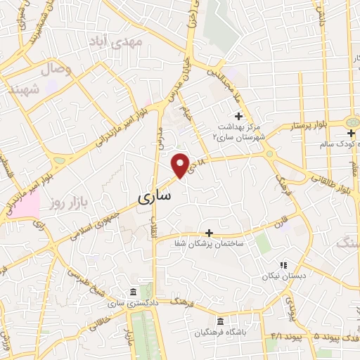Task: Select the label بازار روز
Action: (67, 204)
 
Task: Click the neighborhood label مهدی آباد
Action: (120, 43)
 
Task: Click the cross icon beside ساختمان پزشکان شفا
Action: (209, 232)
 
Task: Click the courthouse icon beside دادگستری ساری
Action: (132, 292)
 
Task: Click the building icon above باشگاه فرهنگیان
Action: (221, 321)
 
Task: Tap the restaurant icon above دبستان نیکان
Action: (283, 265)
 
